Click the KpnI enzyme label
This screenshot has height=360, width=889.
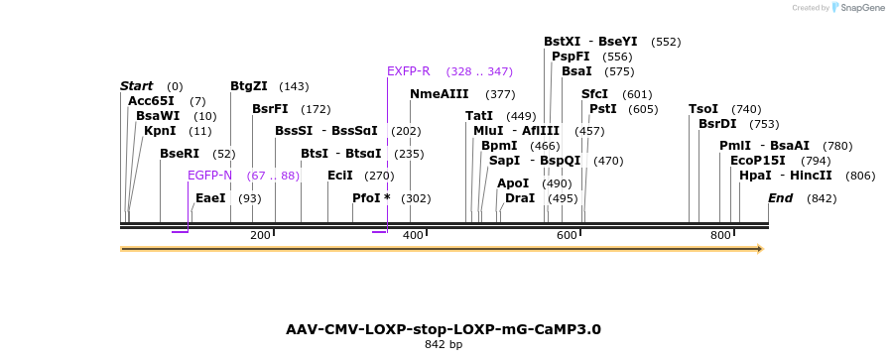coord(160,131)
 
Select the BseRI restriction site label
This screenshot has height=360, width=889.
coord(180,154)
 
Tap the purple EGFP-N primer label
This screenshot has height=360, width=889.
coord(209,176)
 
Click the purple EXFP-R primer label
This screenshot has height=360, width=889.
coord(409,71)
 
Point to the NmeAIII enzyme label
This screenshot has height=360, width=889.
coord(439,94)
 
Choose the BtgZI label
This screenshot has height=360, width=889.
coord(249,86)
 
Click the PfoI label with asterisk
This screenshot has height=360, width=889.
coord(371,198)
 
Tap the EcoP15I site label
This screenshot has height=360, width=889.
coord(757,161)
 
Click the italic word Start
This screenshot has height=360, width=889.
coord(137,86)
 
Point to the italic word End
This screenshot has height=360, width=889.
coord(781,198)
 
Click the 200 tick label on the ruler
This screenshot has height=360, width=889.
coord(260,235)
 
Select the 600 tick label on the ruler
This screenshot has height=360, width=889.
coord(567,235)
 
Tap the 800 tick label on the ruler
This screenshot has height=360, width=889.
coord(719,235)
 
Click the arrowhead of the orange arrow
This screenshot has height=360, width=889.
coord(760,249)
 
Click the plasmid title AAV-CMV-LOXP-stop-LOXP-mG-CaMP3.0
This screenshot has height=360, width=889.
coord(444,329)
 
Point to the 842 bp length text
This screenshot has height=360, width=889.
coord(444,345)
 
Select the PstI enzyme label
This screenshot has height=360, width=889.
coord(603,109)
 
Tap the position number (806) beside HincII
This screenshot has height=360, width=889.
coord(860,177)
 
